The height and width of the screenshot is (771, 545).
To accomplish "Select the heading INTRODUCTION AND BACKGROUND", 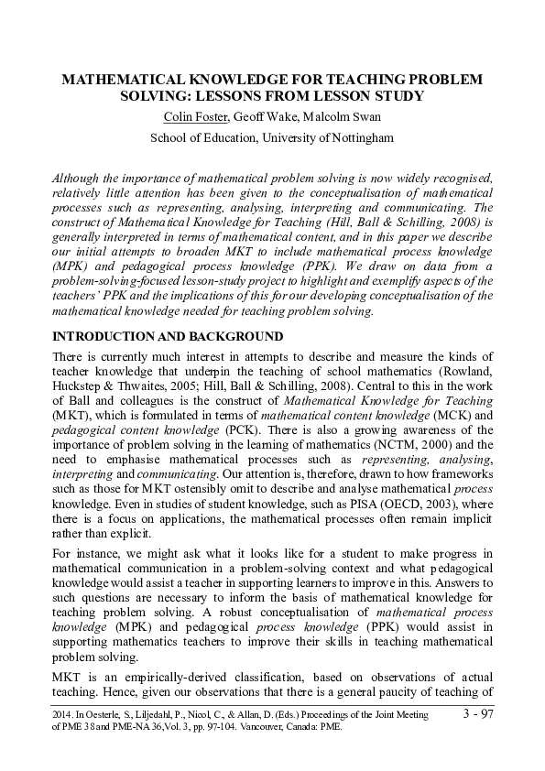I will (168, 337).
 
